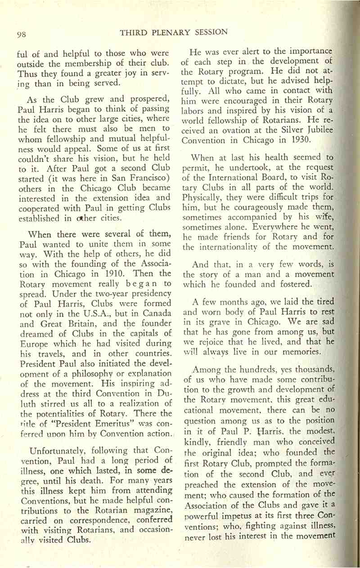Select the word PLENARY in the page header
coord(167,32)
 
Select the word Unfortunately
coord(58,437)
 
